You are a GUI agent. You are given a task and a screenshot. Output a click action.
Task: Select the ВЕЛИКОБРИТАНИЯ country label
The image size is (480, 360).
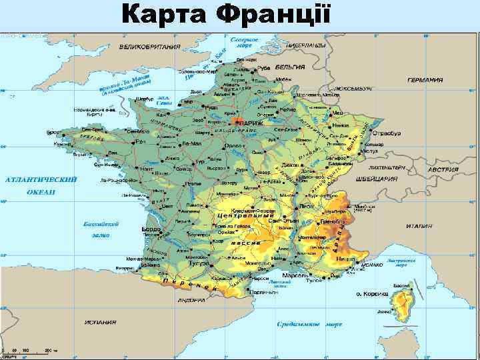click(150, 47)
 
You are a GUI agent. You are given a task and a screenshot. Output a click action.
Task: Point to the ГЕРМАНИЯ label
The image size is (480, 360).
click(425, 79)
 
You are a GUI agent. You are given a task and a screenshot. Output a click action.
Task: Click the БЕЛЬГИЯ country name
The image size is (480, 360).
click(292, 67)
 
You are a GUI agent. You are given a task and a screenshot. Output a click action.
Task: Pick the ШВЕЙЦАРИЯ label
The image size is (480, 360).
click(378, 179)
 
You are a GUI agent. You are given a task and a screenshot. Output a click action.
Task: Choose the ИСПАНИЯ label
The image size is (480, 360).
click(101, 322)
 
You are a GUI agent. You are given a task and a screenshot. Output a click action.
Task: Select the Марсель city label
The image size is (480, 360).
click(294, 275)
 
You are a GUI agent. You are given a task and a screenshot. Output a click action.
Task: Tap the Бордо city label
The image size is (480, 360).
click(151, 229)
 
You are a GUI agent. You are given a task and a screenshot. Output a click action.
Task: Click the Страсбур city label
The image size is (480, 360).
click(387, 133)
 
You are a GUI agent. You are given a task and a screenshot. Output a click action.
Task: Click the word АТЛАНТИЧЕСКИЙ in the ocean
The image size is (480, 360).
click(41, 179)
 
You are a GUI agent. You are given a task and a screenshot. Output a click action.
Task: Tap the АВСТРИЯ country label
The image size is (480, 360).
click(443, 169)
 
